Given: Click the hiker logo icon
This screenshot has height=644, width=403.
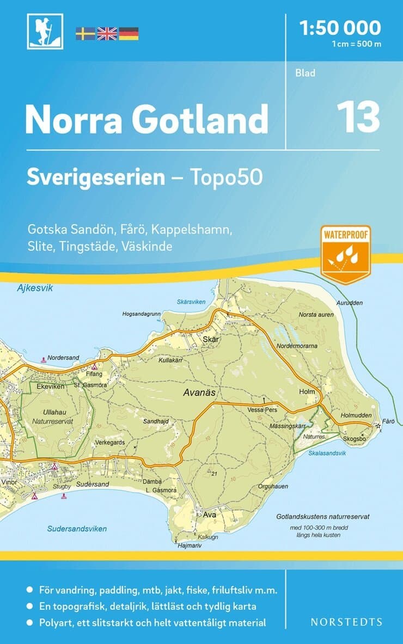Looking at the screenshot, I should pyautogui.click(x=45, y=32).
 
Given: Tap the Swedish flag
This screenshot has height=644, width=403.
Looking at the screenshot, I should pyautogui.click(x=85, y=33).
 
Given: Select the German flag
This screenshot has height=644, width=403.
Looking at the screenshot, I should pyautogui.click(x=129, y=33).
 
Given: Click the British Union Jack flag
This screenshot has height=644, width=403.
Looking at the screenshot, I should pyautogui.click(x=107, y=33).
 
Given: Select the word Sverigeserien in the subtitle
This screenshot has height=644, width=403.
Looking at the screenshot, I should pyautogui.click(x=96, y=177).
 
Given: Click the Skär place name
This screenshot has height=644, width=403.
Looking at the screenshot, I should pyautogui.click(x=210, y=339).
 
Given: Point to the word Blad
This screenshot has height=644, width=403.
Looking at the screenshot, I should pyautogui.click(x=306, y=73).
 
